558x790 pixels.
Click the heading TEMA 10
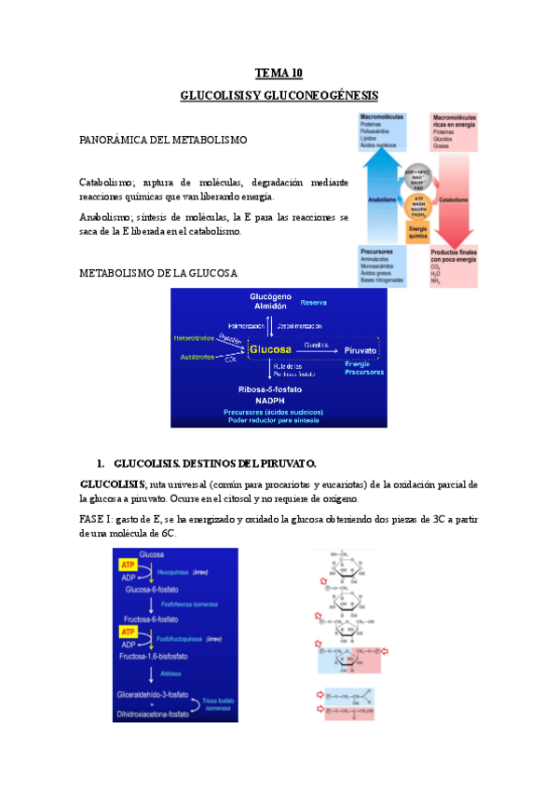(279, 73)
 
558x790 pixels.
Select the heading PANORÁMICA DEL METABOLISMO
(163, 140)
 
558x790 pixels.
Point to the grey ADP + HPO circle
(416, 175)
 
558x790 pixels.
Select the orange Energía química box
(416, 232)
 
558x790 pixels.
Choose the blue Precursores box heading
(378, 252)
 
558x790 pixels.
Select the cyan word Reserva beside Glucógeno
(313, 304)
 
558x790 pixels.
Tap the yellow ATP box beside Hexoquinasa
(125, 565)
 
